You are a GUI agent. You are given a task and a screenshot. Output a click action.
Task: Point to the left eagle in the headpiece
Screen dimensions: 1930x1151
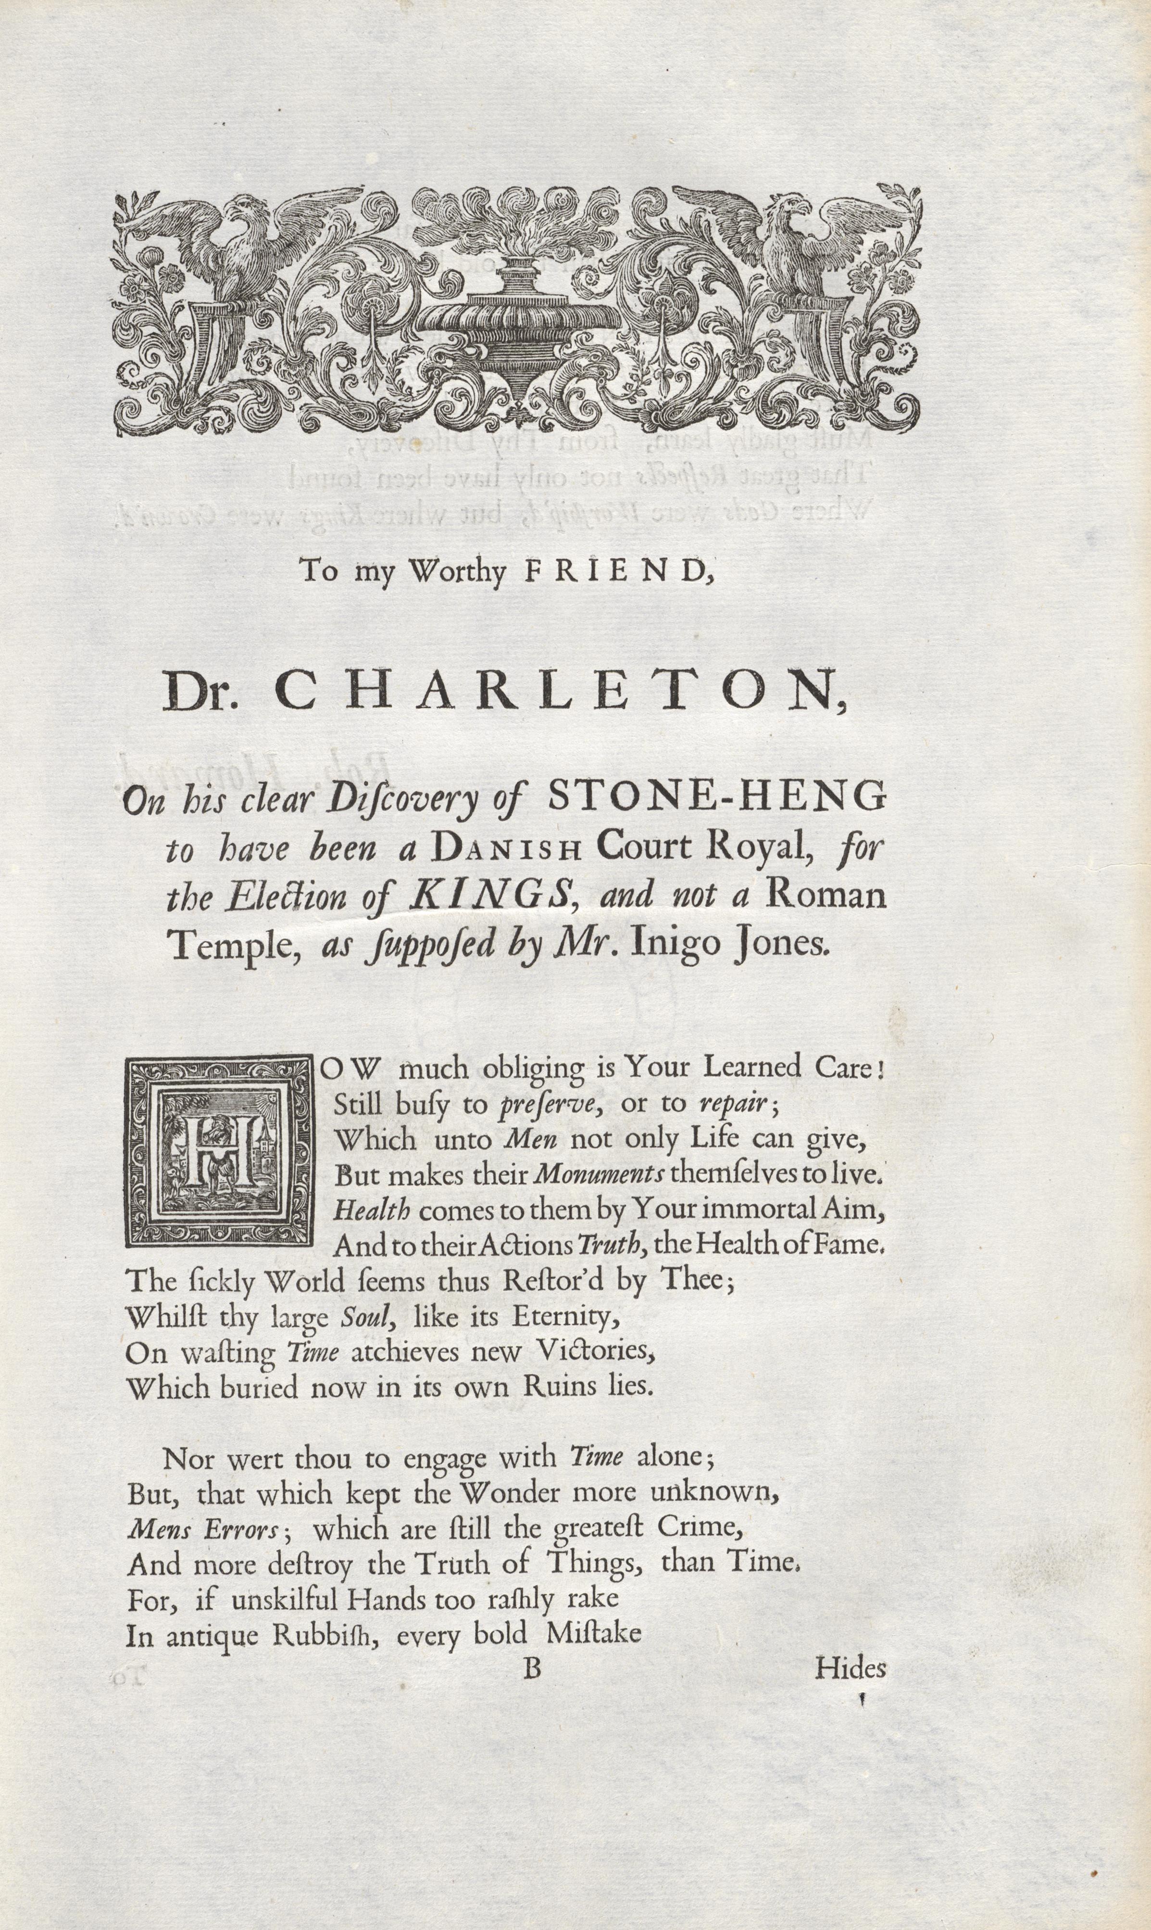[x=233, y=248]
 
